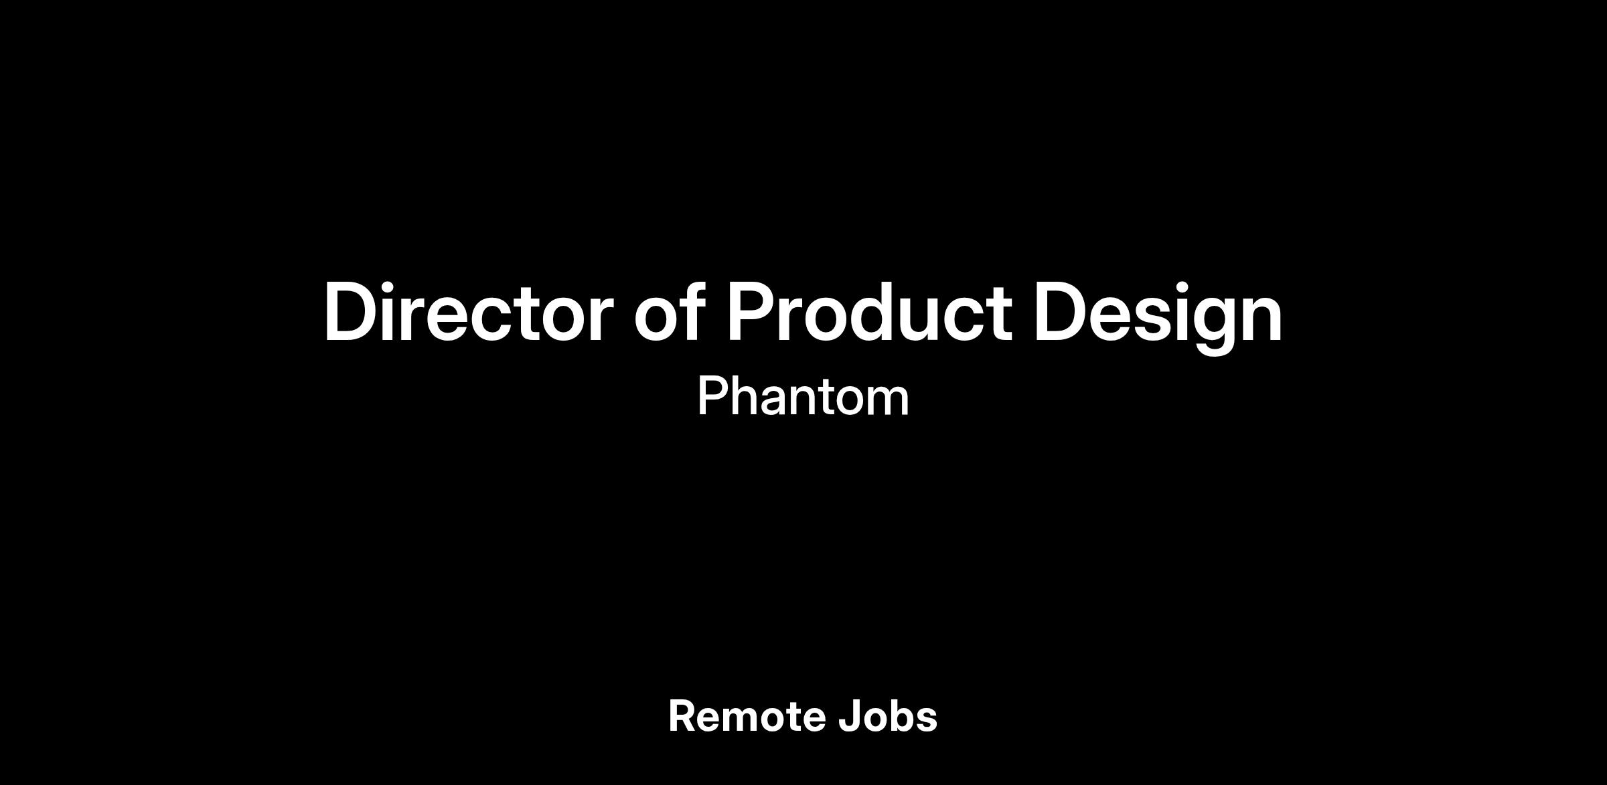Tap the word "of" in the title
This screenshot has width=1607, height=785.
point(670,311)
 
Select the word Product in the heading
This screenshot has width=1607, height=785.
point(868,311)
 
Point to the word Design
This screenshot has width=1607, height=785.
point(1158,316)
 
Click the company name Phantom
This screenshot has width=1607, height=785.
point(803,396)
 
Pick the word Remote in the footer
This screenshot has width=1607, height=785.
point(746,716)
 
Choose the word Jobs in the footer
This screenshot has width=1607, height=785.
point(888,716)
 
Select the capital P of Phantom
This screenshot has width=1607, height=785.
point(714,396)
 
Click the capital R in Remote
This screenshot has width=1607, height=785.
point(683,716)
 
